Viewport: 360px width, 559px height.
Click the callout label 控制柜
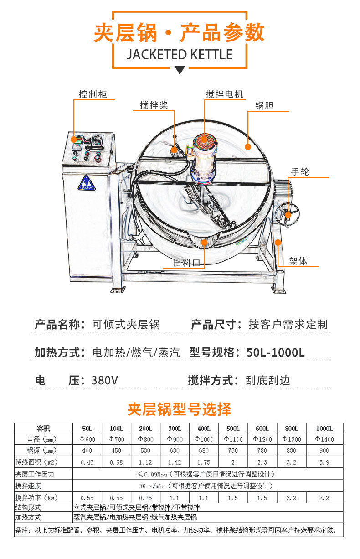[93, 94]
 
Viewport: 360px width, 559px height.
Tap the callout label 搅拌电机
[224, 94]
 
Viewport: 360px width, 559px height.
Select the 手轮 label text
[300, 172]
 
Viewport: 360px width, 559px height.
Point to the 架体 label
[298, 261]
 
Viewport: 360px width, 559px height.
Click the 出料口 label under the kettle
[186, 263]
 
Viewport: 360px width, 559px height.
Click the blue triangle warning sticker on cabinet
[86, 183]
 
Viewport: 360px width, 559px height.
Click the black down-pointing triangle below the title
[180, 70]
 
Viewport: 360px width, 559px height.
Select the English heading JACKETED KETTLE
[180, 54]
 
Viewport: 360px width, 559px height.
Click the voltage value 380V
[104, 380]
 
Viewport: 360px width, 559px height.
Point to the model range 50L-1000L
[275, 352]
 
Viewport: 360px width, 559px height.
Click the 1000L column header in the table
[324, 429]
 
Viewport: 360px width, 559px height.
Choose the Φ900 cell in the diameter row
[175, 439]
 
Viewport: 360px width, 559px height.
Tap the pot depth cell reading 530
[145, 450]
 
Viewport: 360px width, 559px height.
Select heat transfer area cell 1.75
[204, 462]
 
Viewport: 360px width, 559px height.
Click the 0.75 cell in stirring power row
[145, 498]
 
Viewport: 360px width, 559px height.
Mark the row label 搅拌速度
[28, 486]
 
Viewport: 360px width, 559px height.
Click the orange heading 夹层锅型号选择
[180, 409]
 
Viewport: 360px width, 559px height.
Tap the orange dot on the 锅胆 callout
[247, 147]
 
